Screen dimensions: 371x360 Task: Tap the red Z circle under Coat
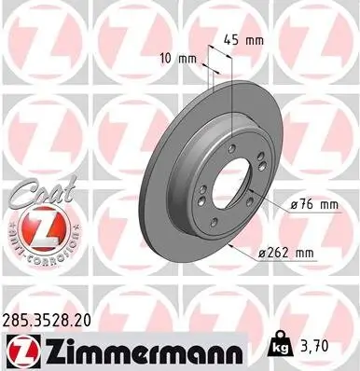click(x=36, y=227)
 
